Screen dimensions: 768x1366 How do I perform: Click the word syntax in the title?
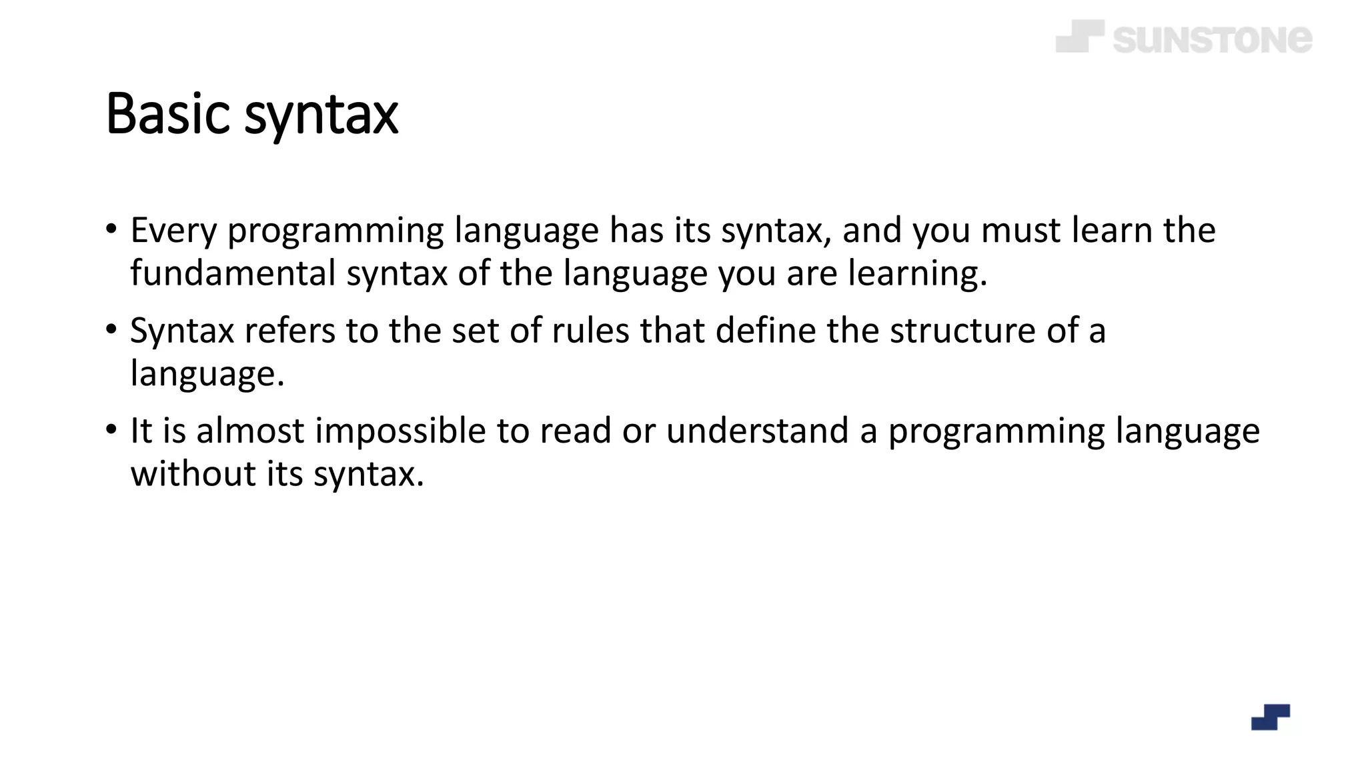321,117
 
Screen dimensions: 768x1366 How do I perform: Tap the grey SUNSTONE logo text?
1212,39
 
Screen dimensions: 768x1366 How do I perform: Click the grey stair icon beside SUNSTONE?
1079,36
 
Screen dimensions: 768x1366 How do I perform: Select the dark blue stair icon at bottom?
1270,717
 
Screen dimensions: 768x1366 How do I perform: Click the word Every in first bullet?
173,231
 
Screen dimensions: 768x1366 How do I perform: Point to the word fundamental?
233,273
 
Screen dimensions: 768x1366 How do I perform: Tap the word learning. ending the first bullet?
917,273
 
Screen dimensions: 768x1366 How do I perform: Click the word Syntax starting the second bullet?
182,331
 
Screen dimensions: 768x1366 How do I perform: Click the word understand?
757,431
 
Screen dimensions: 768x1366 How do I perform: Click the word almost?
250,431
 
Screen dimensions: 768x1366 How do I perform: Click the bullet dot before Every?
111,229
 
